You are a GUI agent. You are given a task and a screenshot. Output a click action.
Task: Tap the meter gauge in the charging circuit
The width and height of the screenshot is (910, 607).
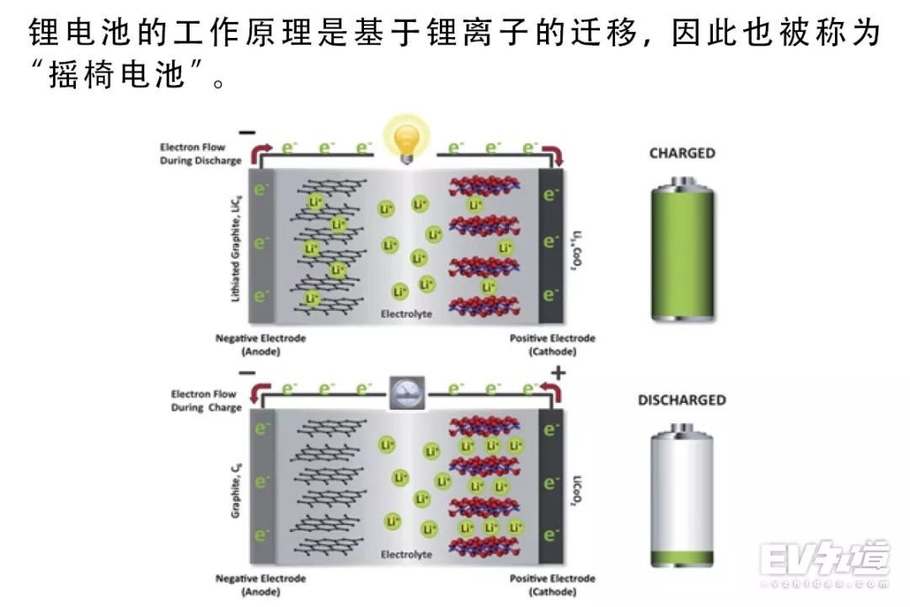[407, 391]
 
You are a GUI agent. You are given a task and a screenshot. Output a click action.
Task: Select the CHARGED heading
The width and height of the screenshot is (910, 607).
[682, 153]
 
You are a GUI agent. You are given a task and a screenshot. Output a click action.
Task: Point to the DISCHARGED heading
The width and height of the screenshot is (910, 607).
[682, 400]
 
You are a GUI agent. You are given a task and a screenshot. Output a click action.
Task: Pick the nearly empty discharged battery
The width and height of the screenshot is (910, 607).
[682, 497]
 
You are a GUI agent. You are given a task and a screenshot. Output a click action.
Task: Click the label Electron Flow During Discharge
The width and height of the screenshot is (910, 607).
[201, 154]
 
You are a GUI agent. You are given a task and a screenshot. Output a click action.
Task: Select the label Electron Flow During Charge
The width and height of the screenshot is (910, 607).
[206, 400]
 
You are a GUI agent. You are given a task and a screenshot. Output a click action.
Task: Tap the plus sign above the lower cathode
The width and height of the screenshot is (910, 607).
[558, 373]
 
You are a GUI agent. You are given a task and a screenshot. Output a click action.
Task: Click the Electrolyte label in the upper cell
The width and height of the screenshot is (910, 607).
[406, 314]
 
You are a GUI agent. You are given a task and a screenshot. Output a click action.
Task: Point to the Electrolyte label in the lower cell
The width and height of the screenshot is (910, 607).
[406, 555]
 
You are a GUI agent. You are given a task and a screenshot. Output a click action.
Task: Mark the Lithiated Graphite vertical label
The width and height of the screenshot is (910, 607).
[235, 244]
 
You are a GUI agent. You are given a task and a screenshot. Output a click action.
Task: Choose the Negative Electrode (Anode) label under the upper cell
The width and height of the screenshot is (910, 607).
[260, 344]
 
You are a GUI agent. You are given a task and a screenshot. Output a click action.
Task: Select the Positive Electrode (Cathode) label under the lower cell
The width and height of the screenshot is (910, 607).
[552, 584]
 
